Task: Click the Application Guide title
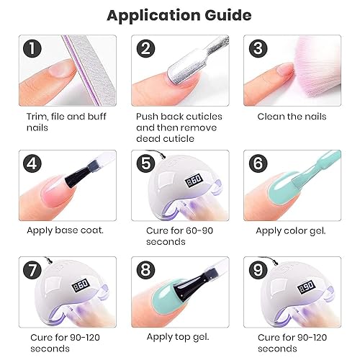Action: [x=179, y=14]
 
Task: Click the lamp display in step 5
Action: [x=194, y=181]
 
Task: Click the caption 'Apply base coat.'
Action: [x=66, y=230]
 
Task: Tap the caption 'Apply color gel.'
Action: [x=291, y=230]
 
